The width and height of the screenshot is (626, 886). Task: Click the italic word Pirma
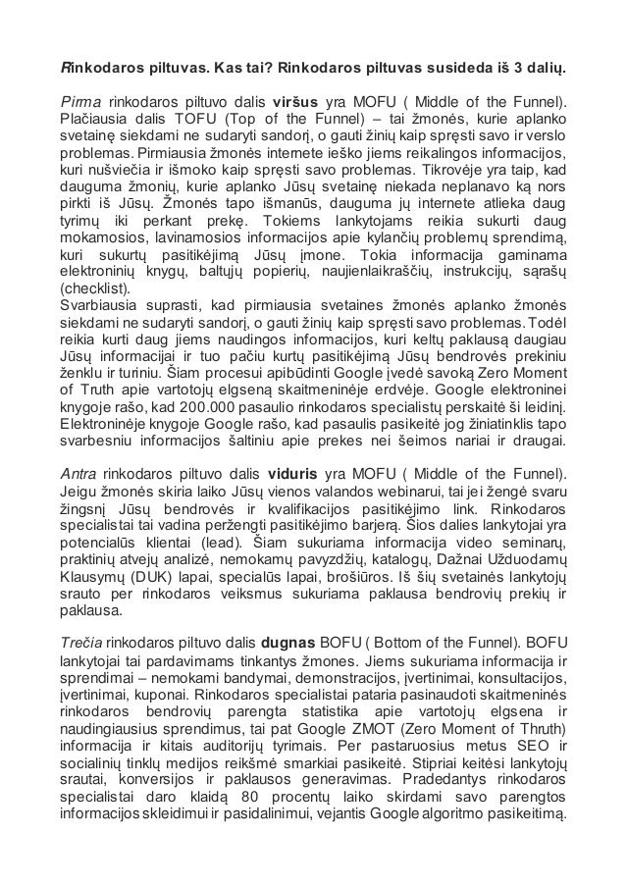[79, 101]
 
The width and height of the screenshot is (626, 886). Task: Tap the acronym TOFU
[161, 119]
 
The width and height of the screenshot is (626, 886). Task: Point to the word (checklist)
[94, 288]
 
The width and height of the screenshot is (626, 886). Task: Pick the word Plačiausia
[97, 119]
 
